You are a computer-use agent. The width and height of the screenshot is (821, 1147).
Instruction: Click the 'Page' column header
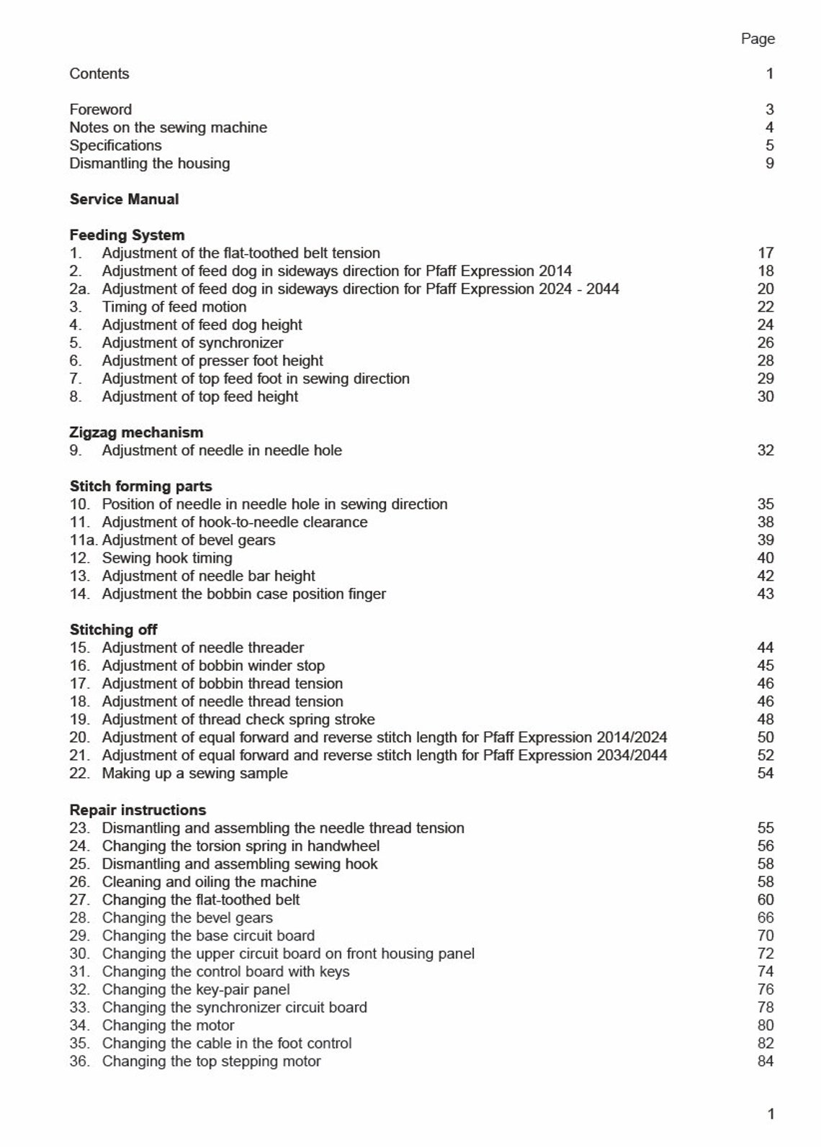758,39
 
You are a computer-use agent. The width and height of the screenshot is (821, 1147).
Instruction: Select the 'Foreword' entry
100,109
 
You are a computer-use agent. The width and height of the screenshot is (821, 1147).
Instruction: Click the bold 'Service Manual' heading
124,199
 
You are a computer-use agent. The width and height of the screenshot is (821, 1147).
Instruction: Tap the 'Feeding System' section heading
127,235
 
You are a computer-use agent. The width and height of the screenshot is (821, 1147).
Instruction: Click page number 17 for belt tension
766,253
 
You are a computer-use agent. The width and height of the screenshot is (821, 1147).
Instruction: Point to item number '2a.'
79,289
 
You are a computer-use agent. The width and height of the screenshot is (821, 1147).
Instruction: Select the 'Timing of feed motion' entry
174,307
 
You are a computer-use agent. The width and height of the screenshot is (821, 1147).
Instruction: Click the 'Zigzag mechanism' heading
136,432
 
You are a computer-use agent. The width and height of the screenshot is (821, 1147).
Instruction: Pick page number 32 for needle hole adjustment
766,450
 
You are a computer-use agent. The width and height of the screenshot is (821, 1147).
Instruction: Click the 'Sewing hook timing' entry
167,558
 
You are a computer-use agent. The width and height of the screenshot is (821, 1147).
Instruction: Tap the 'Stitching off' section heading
113,630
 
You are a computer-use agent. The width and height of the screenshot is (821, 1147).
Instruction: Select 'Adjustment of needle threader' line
202,648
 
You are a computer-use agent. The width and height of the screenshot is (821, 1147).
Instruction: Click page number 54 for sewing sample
766,774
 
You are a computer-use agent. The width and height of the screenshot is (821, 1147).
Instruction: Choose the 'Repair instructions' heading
138,810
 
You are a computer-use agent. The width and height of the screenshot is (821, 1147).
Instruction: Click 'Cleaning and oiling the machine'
209,882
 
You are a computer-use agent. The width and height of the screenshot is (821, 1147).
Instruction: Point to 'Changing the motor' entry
168,1026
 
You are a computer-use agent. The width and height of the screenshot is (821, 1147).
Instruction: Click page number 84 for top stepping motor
766,1061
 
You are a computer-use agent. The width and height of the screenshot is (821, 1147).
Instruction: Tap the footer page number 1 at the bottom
771,1115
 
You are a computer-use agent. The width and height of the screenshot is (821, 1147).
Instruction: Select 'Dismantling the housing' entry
150,163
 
